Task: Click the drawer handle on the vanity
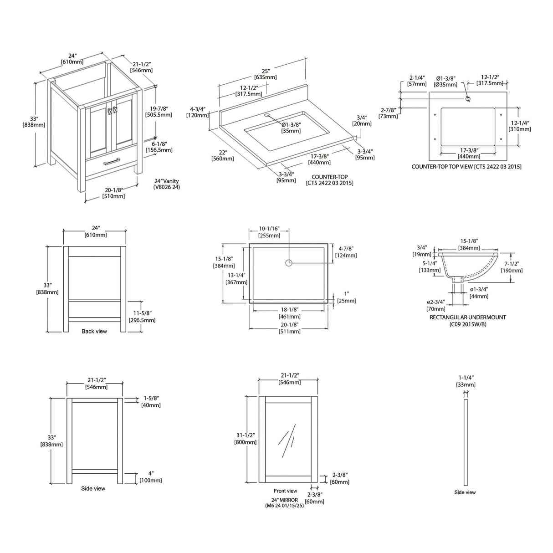[x=112, y=162]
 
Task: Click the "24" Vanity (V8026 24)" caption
[x=167, y=184]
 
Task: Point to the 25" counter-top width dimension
[x=266, y=74]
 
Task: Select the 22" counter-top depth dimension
[x=222, y=155]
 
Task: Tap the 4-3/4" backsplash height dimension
[x=197, y=112]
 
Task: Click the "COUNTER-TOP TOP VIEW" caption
[x=466, y=167]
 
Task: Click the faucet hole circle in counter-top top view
[x=468, y=99]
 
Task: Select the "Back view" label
[x=94, y=331]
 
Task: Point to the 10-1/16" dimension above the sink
[x=269, y=232]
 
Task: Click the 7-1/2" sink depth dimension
[x=512, y=267]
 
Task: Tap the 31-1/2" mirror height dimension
[x=245, y=439]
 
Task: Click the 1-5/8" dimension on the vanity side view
[x=151, y=402]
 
